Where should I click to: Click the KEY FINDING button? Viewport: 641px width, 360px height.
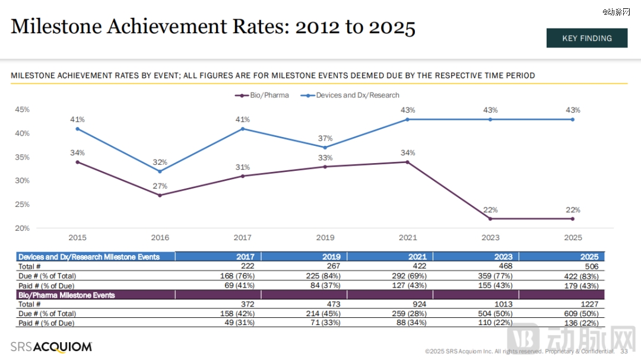coord(586,38)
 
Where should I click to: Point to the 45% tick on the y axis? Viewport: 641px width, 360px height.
coord(23,110)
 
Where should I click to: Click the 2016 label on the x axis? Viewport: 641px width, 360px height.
coord(160,238)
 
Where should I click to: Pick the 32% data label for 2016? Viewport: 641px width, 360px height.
coord(160,162)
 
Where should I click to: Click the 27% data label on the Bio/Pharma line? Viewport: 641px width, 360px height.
coord(160,186)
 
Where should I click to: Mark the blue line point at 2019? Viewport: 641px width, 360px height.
coord(325,148)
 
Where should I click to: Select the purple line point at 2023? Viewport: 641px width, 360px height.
coord(490,219)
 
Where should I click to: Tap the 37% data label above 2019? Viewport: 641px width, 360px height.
coord(325,138)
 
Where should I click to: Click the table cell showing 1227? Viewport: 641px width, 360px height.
coord(594,304)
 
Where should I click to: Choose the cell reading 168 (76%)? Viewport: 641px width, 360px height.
coord(237,276)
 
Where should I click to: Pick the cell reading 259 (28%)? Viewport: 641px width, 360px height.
coord(409,314)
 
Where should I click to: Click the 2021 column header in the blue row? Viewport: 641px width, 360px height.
coord(417,257)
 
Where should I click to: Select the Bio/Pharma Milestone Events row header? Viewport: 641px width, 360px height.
coord(66,295)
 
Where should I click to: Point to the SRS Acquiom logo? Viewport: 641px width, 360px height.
coord(52,347)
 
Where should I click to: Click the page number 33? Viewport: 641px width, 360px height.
coord(624,351)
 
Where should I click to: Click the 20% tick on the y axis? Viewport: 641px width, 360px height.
coord(23,228)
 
